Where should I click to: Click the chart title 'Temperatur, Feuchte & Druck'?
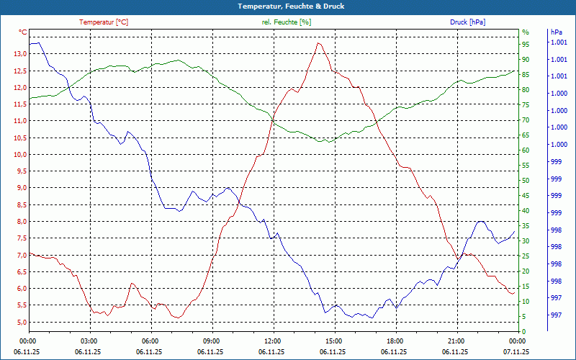click(x=288, y=6)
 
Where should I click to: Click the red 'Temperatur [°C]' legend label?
click(x=104, y=22)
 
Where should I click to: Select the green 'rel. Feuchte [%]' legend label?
click(x=287, y=22)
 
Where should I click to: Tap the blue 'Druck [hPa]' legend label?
click(x=467, y=22)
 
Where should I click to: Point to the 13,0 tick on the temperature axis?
click(x=18, y=54)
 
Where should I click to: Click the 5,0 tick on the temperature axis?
click(x=18, y=322)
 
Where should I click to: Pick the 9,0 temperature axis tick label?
click(x=18, y=188)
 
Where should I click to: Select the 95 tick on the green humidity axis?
click(x=526, y=45)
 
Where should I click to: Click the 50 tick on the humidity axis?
click(x=526, y=181)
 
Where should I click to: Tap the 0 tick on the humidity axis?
click(x=524, y=332)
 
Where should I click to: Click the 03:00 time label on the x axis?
click(x=89, y=341)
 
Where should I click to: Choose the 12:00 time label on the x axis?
click(x=272, y=341)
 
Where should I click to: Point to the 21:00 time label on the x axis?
click(x=455, y=341)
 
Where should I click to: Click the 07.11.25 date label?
click(x=516, y=352)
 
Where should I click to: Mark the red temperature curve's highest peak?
click(x=318, y=43)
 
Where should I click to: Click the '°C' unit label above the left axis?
click(x=23, y=32)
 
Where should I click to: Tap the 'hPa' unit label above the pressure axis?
click(x=556, y=32)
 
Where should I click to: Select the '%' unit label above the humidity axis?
click(x=526, y=32)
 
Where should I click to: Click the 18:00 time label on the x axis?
click(x=394, y=341)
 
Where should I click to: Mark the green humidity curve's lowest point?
click(x=329, y=142)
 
